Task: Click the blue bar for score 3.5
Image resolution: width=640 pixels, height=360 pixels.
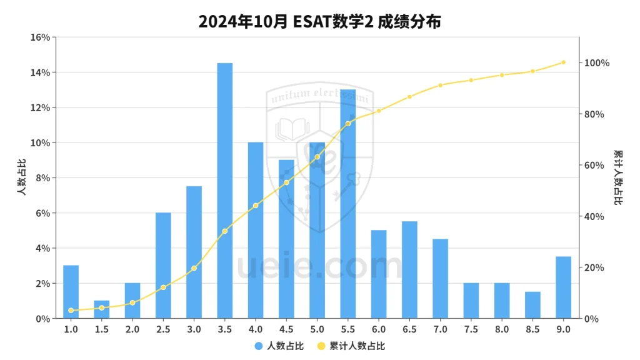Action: pyautogui.click(x=225, y=191)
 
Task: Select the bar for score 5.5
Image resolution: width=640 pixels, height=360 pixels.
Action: pyautogui.click(x=348, y=204)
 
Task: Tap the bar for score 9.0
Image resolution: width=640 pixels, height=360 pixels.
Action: pyautogui.click(x=563, y=287)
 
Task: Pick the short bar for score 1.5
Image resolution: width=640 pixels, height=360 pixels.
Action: pyautogui.click(x=102, y=309)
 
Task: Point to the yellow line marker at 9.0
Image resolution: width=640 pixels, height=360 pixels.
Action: pyautogui.click(x=563, y=62)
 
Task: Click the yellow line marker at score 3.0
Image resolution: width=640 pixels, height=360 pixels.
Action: pyautogui.click(x=194, y=268)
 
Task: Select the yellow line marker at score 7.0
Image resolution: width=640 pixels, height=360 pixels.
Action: pyautogui.click(x=440, y=85)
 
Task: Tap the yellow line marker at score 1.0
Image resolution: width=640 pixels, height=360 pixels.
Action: pyautogui.click(x=71, y=310)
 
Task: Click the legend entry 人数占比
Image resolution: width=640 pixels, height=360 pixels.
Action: pyautogui.click(x=279, y=346)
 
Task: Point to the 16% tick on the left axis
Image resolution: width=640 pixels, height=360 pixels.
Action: pyautogui.click(x=40, y=37)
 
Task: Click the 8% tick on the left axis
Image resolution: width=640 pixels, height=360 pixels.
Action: pyautogui.click(x=42, y=178)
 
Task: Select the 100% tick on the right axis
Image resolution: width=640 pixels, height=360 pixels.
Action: pyautogui.click(x=597, y=63)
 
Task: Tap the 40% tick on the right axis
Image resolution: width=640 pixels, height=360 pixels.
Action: pyautogui.click(x=595, y=217)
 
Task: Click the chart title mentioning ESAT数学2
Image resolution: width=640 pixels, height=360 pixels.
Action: pyautogui.click(x=320, y=21)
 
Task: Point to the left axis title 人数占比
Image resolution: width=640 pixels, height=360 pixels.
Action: pyautogui.click(x=22, y=178)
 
